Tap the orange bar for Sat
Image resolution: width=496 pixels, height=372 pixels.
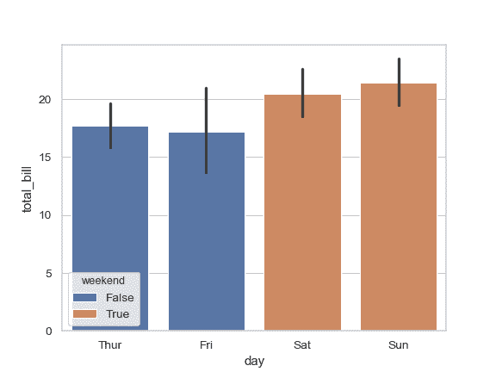pos(302,215)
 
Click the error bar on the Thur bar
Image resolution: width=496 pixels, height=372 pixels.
pos(110,126)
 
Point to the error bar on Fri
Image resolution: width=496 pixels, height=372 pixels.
pos(207,130)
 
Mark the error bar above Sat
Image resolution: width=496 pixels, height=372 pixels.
pos(302,93)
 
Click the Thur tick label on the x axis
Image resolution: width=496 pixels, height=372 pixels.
pos(110,344)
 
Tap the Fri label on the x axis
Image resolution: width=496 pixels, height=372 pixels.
pos(207,344)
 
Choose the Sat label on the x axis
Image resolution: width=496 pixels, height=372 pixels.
pos(302,344)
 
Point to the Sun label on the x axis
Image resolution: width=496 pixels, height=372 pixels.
pos(399,344)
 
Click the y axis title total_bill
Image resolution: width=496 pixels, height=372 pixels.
pos(28,187)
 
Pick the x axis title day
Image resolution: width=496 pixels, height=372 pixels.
pos(254,362)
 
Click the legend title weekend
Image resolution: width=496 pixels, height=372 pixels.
pos(102,281)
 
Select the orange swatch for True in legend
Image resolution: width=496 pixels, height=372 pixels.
pos(86,314)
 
